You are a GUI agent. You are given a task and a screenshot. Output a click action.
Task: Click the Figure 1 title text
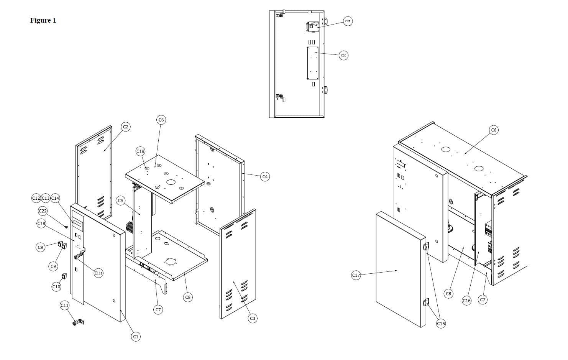tap(43, 20)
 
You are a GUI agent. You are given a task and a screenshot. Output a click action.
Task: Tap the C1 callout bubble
tap(135, 337)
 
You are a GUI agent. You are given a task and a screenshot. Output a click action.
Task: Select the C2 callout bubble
tap(126, 127)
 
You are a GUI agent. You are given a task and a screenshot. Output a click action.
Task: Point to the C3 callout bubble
tap(253, 318)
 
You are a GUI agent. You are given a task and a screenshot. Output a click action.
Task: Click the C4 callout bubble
tap(265, 176)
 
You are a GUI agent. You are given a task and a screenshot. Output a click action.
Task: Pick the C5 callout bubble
tap(121, 201)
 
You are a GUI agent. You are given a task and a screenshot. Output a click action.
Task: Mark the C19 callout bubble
tap(140, 151)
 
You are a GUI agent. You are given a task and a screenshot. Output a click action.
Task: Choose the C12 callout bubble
tap(36, 198)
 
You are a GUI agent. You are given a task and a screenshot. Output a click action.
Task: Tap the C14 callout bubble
tap(55, 198)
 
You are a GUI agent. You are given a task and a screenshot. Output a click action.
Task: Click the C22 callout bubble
tap(43, 211)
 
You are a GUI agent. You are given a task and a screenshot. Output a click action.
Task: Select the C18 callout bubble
tap(41, 223)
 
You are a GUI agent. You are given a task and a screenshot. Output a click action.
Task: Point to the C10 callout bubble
tap(56, 287)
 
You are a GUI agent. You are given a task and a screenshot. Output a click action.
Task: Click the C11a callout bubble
tap(98, 273)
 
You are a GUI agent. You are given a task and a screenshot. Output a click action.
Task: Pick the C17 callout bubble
tap(356, 275)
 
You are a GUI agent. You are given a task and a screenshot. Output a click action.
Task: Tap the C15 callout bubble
tap(441, 324)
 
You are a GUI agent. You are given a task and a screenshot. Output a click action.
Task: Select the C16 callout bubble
tap(466, 301)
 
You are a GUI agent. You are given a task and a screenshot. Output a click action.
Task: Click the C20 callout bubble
tap(344, 56)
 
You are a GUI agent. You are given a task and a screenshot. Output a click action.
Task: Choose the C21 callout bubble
tap(348, 21)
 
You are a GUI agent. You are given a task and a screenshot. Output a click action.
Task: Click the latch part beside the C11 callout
tap(78, 322)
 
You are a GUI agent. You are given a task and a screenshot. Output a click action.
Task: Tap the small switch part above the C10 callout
tap(64, 276)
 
